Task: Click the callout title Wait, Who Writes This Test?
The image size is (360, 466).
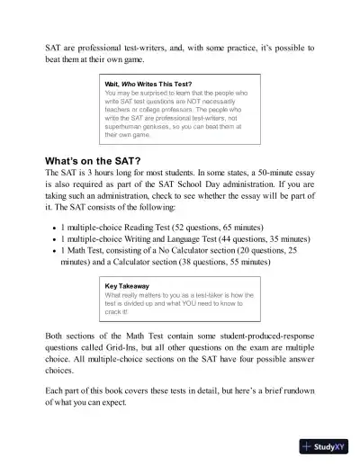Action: click(148, 84)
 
